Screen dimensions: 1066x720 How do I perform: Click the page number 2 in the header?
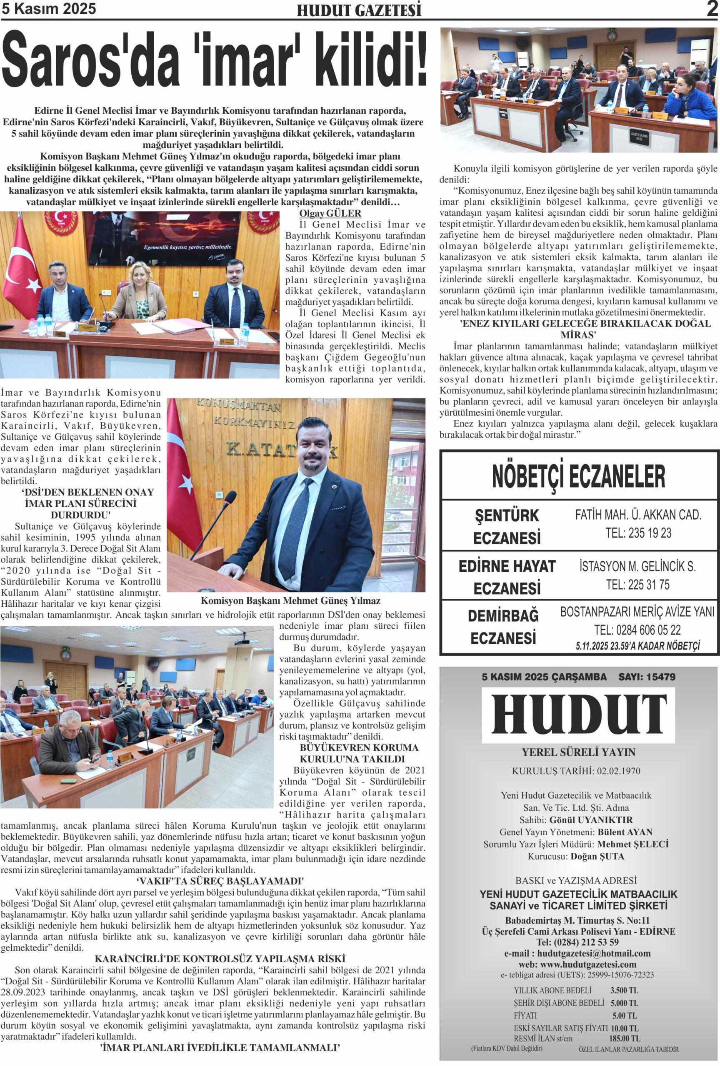[712, 9]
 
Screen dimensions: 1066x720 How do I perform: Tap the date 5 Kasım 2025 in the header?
[49, 9]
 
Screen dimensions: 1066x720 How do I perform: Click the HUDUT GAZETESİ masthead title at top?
[359, 10]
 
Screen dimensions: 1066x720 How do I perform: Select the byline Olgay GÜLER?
[330, 213]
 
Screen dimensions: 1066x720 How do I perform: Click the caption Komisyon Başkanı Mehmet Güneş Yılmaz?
[290, 600]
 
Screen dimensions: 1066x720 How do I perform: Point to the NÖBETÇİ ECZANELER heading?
[578, 477]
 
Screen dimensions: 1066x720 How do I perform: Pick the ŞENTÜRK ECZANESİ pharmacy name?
[507, 526]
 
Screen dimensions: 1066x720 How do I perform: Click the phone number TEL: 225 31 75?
[637, 585]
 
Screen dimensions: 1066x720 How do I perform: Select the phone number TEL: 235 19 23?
[638, 533]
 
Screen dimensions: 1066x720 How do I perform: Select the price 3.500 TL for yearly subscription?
[624, 990]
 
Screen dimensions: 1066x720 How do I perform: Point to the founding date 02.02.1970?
[618, 771]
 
